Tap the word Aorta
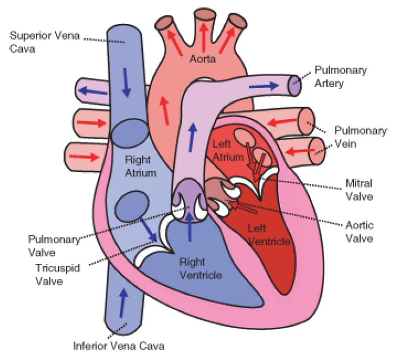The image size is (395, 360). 203,60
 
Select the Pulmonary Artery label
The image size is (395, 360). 341,76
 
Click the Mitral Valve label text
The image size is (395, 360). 359,190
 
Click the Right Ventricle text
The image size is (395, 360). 196,268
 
